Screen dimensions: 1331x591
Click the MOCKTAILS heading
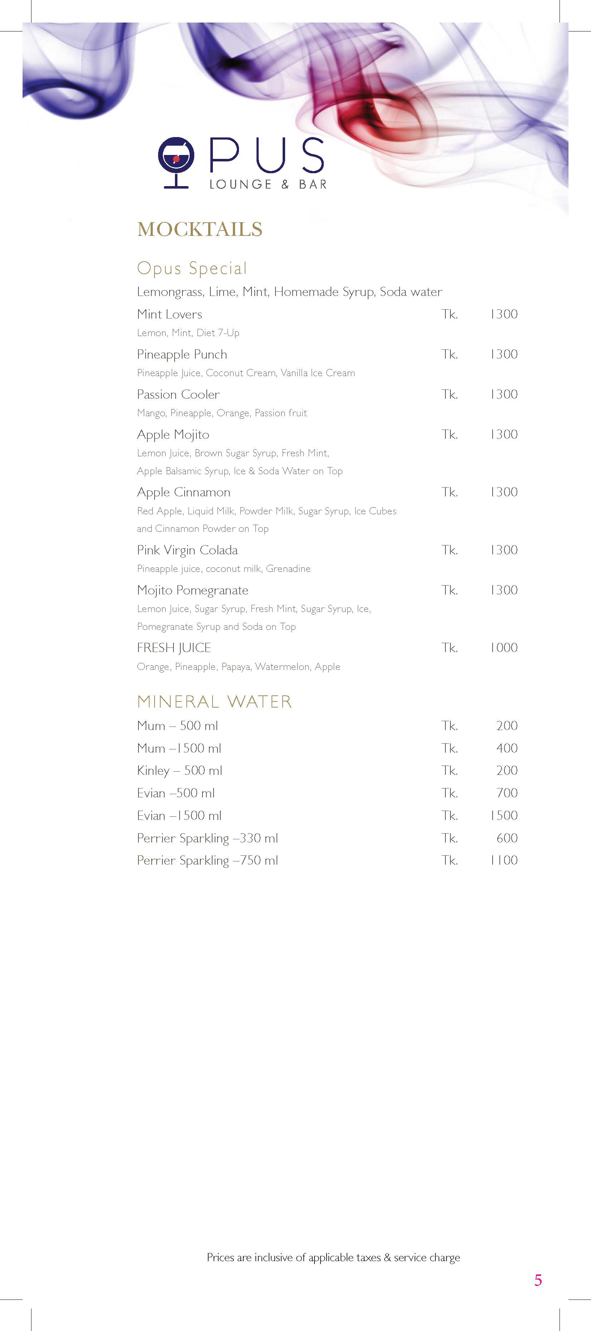point(200,229)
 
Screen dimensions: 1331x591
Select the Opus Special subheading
point(192,268)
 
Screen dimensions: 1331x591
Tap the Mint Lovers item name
point(170,314)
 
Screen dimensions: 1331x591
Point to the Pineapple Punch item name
point(182,354)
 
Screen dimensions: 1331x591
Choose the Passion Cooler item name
point(178,394)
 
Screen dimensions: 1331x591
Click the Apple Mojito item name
point(173,434)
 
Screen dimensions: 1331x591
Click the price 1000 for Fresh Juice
point(504,648)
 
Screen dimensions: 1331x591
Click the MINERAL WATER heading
point(214,702)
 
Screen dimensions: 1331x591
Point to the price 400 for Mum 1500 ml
point(507,748)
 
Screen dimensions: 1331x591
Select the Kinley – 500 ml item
point(179,771)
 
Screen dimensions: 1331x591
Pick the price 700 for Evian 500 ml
point(507,793)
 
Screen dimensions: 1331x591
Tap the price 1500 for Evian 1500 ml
point(504,815)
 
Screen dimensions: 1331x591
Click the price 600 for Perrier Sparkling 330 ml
point(507,838)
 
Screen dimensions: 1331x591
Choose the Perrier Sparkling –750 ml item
point(207,861)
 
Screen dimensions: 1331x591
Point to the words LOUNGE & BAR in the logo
point(268,184)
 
